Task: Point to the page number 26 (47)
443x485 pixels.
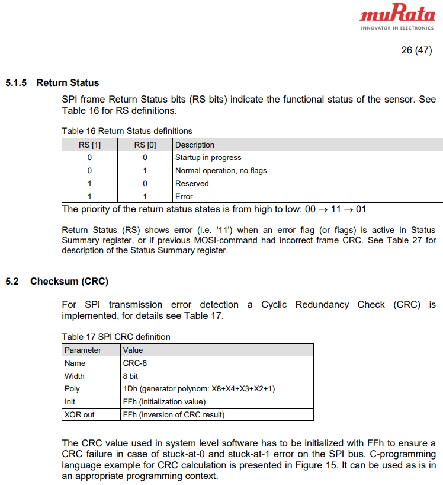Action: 416,50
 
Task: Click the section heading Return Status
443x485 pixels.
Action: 68,83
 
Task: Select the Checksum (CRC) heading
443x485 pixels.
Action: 69,281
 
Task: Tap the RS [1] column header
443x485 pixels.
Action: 89,145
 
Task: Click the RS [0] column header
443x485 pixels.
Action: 145,145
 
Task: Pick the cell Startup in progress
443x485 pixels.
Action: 208,158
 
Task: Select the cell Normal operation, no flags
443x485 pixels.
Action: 221,171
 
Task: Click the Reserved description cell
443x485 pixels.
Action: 192,184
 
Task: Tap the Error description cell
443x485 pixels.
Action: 184,196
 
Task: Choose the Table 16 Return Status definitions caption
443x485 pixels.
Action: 127,131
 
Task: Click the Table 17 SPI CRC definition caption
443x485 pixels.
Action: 116,337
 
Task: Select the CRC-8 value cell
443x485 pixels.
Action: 135,363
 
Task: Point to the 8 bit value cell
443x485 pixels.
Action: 133,376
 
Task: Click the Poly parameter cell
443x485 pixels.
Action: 72,389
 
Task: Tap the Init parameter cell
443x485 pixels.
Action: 70,402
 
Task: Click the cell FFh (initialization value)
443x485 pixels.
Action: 163,402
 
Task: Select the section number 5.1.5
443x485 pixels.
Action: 16,83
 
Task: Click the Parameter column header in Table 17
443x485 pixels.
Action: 83,350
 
